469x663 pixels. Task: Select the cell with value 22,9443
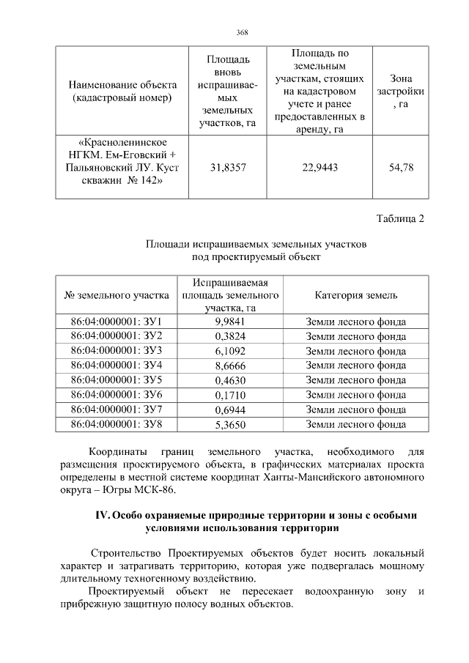point(320,167)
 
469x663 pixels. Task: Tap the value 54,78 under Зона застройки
point(400,167)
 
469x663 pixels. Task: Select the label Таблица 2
point(400,218)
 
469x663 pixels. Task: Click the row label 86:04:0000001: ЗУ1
point(116,322)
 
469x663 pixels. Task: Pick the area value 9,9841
point(229,322)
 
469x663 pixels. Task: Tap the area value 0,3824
point(229,336)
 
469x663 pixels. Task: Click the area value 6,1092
point(229,351)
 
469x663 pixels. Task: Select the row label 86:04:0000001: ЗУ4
point(116,366)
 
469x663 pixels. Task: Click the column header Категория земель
point(355,295)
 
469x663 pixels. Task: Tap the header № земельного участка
point(116,295)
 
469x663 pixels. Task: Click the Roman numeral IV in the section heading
point(103,515)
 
